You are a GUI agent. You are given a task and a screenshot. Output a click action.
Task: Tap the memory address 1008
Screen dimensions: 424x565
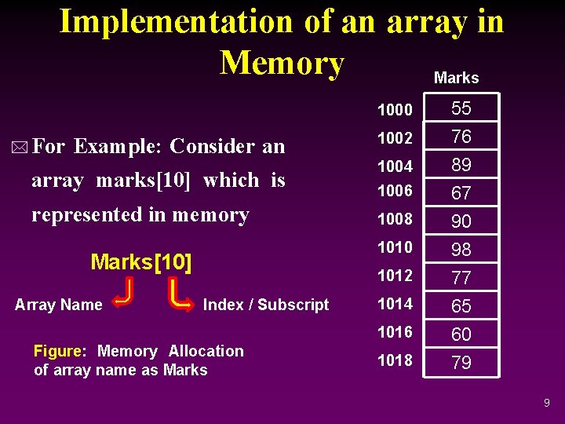(x=395, y=219)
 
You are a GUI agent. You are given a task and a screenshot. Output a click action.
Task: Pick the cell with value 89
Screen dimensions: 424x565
(x=461, y=165)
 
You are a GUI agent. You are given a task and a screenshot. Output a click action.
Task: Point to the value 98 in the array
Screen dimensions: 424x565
(x=461, y=250)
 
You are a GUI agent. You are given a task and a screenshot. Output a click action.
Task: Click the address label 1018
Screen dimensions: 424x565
(x=395, y=360)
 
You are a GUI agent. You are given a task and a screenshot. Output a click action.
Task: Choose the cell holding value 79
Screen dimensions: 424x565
(x=461, y=363)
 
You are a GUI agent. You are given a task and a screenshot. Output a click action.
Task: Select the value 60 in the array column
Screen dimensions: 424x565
(x=461, y=334)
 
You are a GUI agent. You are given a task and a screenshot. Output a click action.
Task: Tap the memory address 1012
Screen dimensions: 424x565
(x=395, y=276)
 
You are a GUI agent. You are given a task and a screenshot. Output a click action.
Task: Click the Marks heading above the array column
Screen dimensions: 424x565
(x=456, y=78)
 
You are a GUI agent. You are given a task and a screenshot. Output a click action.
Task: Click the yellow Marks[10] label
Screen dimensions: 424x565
(x=141, y=262)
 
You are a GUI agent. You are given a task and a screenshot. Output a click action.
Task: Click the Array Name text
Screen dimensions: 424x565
(x=59, y=305)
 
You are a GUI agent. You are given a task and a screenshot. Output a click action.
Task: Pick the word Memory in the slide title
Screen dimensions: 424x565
(x=282, y=63)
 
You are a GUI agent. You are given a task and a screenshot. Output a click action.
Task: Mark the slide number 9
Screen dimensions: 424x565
(x=546, y=404)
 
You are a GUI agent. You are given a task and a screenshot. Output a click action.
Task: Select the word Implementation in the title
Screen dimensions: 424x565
(x=177, y=21)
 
